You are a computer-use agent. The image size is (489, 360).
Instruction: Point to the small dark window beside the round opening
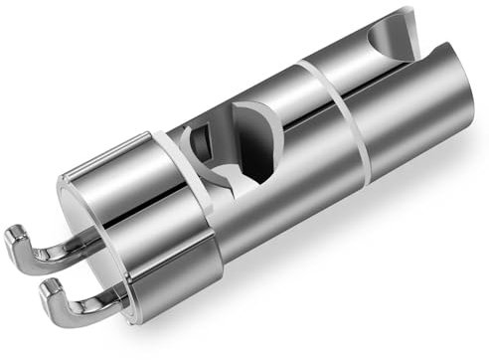(x=199, y=144)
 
